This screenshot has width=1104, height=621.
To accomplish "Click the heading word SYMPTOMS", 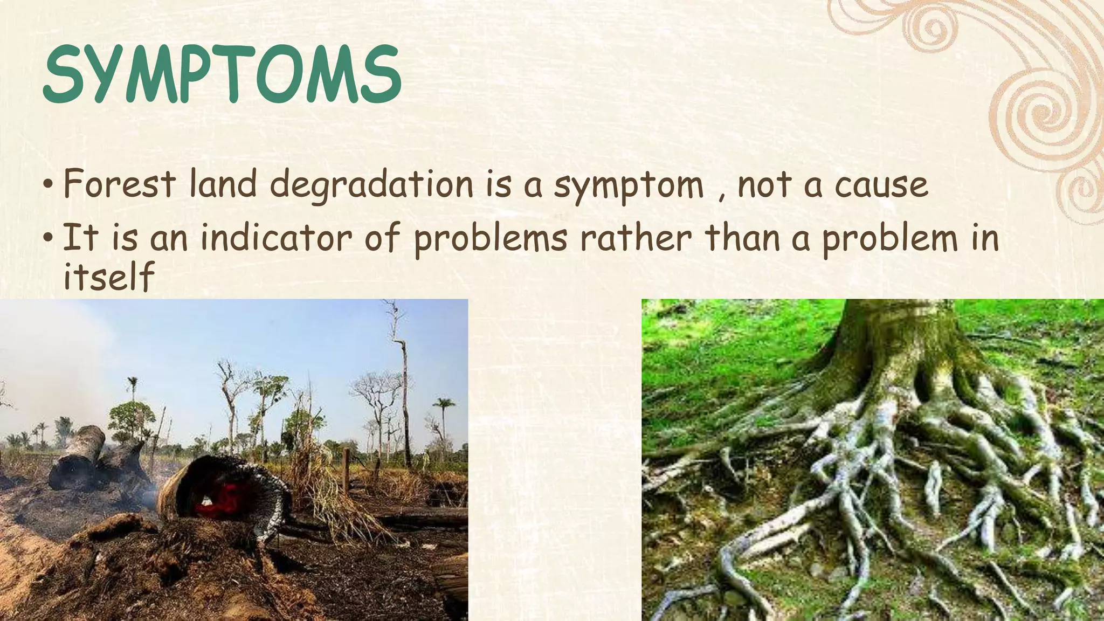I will pos(221,75).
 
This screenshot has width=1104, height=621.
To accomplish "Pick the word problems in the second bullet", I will pos(490,239).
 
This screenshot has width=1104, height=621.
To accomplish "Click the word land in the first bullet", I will pos(223,183).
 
